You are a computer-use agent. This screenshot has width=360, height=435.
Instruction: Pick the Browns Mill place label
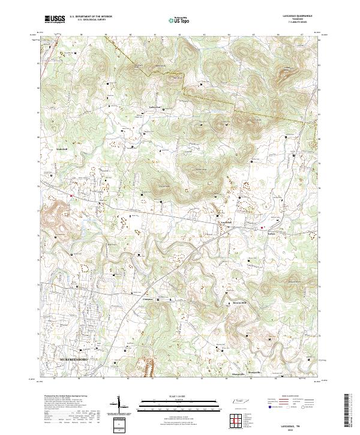[x=240, y=303]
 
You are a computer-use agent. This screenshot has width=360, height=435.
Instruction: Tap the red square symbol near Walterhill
[x=71, y=196]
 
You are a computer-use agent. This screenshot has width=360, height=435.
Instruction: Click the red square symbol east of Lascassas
[x=262, y=227]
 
